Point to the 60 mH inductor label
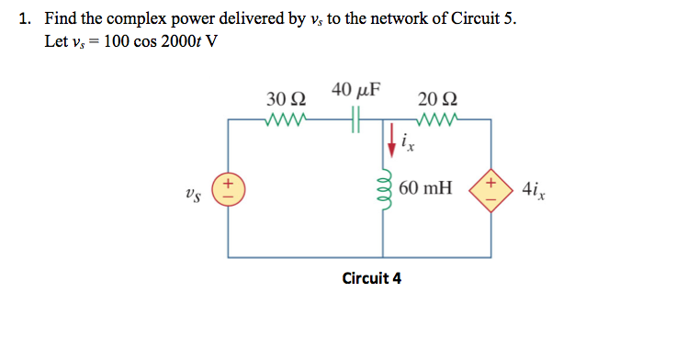tap(426, 188)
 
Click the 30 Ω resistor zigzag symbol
tap(285, 118)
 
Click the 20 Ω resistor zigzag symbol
tap(434, 118)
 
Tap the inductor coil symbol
tap(384, 187)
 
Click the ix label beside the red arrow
tap(410, 142)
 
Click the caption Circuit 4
tap(371, 277)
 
